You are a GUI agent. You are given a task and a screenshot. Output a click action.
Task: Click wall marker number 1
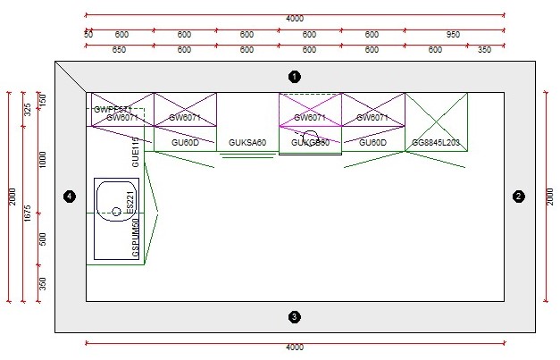295,76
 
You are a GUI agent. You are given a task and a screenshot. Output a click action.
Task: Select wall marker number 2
518,197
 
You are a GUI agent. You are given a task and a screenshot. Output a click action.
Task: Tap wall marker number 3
295,316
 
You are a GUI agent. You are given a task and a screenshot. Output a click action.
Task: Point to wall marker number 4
70,197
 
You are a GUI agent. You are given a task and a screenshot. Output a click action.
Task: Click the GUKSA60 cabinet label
247,143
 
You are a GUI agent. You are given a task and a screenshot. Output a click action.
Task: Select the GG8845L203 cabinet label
436,143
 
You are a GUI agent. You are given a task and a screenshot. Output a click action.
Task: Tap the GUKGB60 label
311,143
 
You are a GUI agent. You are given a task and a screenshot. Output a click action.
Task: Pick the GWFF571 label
113,109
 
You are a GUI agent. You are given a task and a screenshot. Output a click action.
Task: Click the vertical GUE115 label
136,153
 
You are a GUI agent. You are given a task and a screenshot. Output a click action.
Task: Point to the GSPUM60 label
136,239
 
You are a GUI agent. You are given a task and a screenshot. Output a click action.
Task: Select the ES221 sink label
130,202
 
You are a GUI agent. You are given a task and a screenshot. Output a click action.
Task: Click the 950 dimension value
453,35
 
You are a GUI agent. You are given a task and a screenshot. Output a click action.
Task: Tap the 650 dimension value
119,50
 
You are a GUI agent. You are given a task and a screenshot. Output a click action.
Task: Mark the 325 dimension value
28,110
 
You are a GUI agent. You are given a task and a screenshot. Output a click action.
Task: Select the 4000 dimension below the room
295,347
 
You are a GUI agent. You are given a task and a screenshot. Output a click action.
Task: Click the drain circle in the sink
116,212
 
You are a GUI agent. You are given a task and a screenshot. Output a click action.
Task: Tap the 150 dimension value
41,100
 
